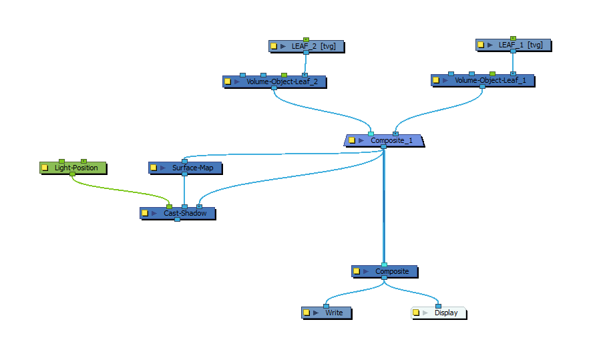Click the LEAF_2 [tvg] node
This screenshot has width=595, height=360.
coord(307,46)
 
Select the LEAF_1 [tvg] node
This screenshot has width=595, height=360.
coord(513,45)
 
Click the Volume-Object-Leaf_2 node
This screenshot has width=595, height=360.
coord(274,81)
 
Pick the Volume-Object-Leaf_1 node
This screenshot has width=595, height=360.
coord(483,80)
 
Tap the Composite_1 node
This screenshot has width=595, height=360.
coord(383,140)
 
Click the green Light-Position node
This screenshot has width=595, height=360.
coord(73,168)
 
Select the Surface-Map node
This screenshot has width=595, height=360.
coord(185,168)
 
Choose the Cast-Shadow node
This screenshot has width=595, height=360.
coord(178,213)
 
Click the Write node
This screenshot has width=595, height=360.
coord(327,313)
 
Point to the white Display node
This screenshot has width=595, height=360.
coord(439,313)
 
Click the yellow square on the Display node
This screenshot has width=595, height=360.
coord(416,313)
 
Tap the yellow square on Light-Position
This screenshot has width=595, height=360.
coord(45,168)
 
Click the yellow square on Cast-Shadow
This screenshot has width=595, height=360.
coord(145,213)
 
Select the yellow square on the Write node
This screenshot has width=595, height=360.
coord(307,313)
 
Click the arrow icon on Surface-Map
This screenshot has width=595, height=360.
coord(163,168)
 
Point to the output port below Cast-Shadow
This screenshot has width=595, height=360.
coord(177,220)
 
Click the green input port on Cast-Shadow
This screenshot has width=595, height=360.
coord(169,207)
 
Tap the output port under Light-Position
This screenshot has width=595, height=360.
coord(73,174)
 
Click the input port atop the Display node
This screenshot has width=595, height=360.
coord(438,306)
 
